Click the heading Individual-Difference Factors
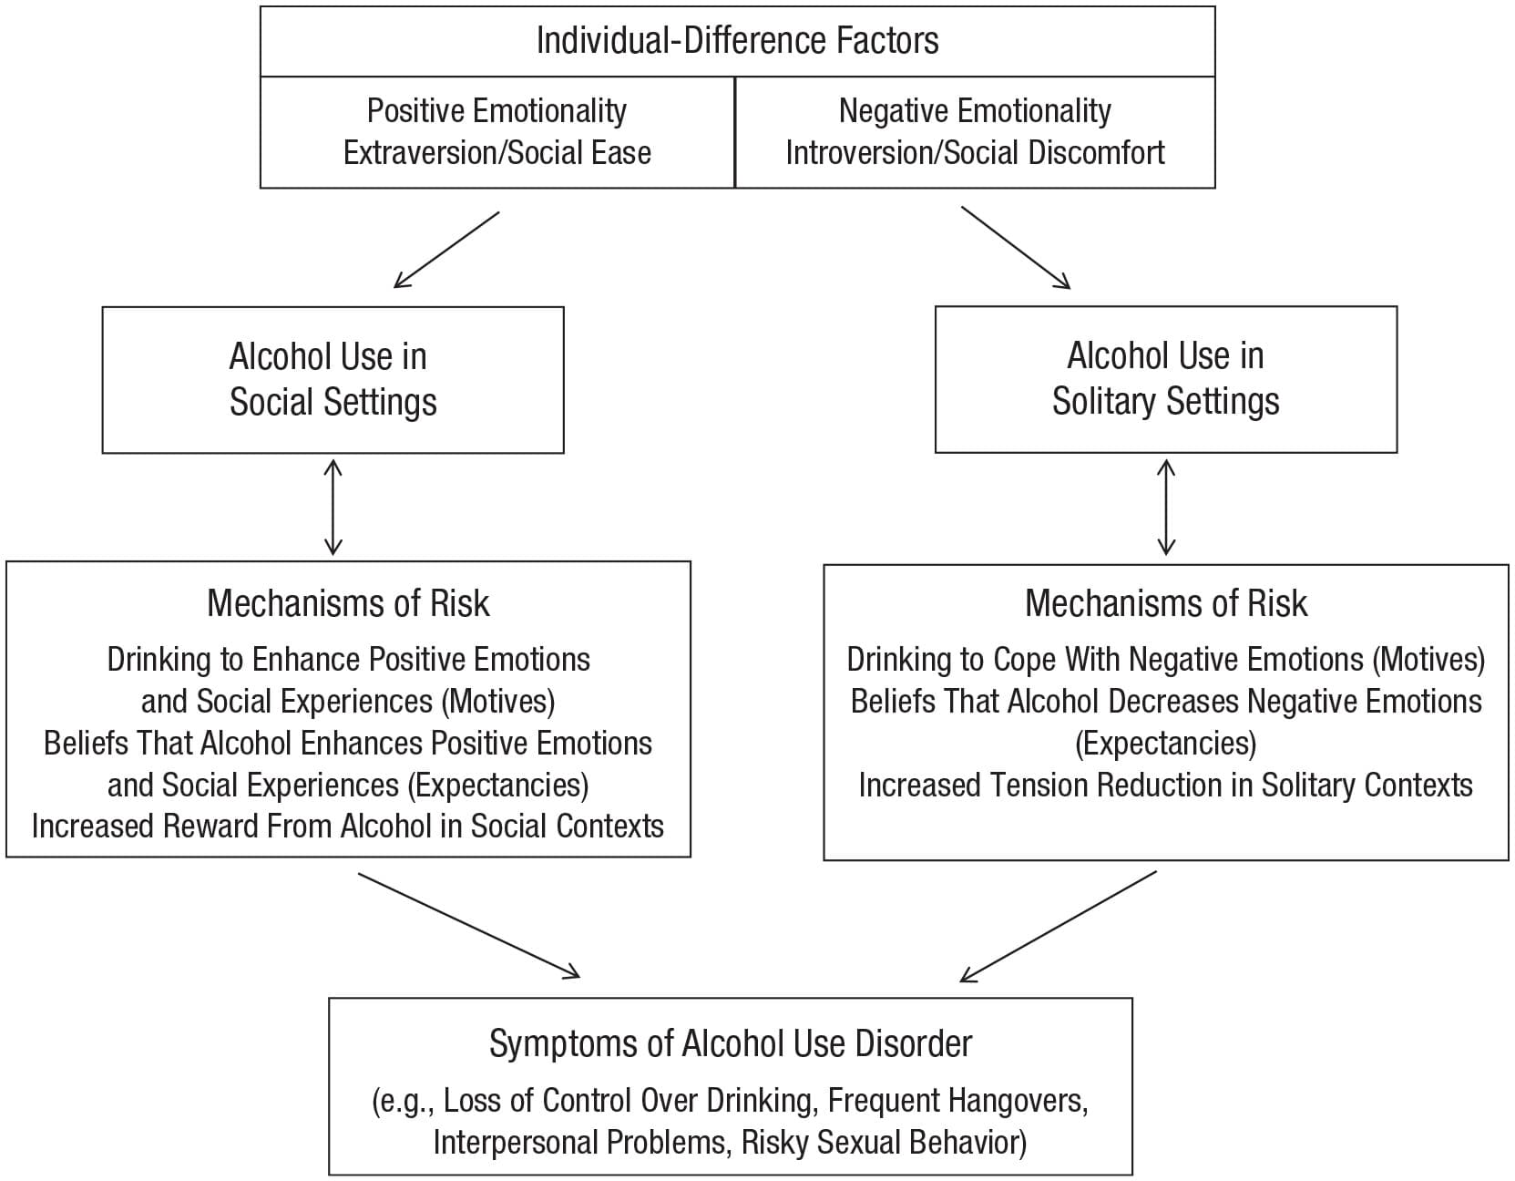coord(737,41)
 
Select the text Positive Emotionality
coord(496,110)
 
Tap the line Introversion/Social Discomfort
coord(974,152)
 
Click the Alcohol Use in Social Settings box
coord(333,379)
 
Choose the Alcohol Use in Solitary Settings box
coord(1165,379)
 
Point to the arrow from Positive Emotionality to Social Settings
coord(446,250)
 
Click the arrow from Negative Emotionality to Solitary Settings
coord(1015,248)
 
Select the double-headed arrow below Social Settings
coord(333,507)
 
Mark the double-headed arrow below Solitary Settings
coord(1165,507)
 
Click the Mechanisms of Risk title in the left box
coord(348,603)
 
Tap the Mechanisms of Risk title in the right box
coord(1165,603)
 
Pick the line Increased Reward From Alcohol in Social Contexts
coord(348,826)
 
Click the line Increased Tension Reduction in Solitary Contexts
coord(1165,785)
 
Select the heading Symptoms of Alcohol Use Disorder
coord(730,1043)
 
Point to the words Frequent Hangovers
coord(957,1100)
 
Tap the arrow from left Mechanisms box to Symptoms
coord(468,925)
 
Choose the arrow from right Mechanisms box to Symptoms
coord(1059,926)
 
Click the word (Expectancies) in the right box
coord(1165,743)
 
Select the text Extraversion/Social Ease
coord(496,152)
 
